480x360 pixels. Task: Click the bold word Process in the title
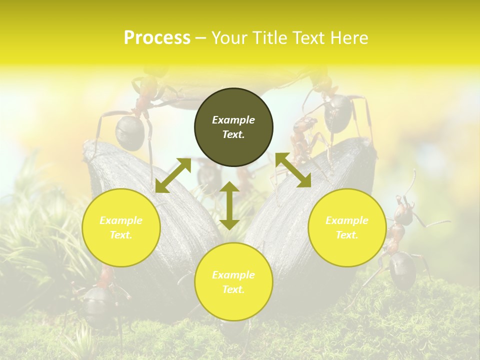point(157,38)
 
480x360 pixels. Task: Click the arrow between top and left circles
point(173,175)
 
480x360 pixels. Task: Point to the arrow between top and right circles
point(293,170)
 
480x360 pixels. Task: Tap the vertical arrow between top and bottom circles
point(229,205)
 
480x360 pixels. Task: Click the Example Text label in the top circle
point(233,127)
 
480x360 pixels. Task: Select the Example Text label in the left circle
point(121,227)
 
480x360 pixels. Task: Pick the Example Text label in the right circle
point(347,227)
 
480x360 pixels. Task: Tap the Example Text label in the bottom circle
point(233,282)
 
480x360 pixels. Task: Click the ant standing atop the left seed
point(132,120)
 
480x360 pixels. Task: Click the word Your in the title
point(228,38)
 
